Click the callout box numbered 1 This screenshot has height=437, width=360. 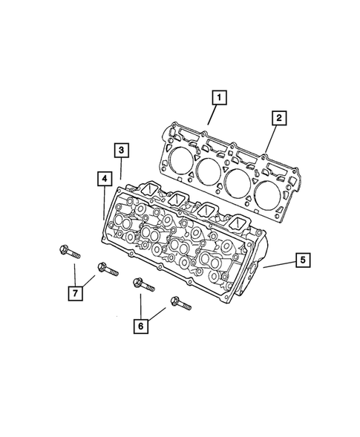tap(217, 96)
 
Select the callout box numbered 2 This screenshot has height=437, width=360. tap(279, 117)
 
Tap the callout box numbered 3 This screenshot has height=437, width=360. tap(121, 150)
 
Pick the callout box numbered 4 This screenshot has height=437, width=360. tap(102, 177)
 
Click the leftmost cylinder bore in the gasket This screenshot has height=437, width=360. tap(180, 159)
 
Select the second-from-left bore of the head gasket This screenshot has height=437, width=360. tap(209, 172)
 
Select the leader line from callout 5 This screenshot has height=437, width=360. tap(279, 264)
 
